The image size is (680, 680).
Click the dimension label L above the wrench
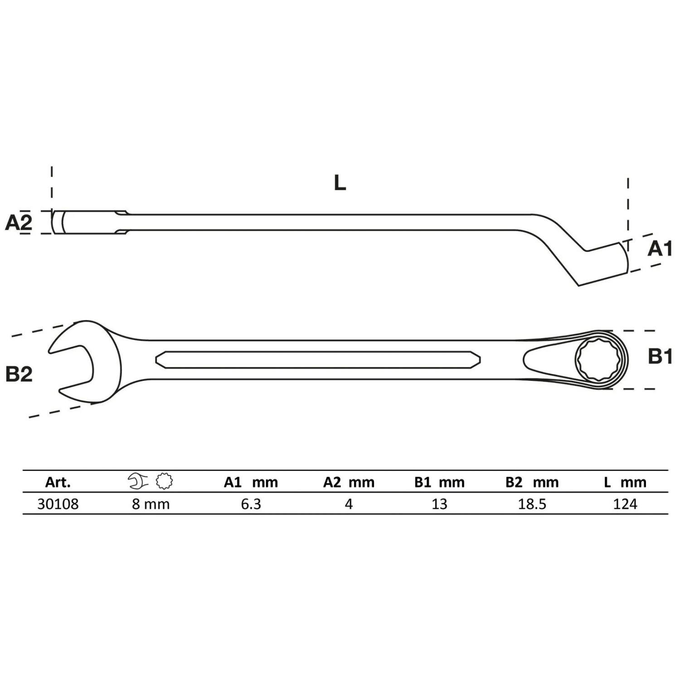click(x=340, y=183)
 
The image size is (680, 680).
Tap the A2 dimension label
click(x=19, y=223)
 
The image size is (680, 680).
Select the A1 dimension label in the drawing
click(x=660, y=248)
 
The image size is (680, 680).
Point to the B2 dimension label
click(x=19, y=374)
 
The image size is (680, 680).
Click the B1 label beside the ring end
click(x=660, y=357)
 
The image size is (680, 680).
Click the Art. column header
click(x=58, y=482)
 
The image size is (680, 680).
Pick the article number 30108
click(x=58, y=504)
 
